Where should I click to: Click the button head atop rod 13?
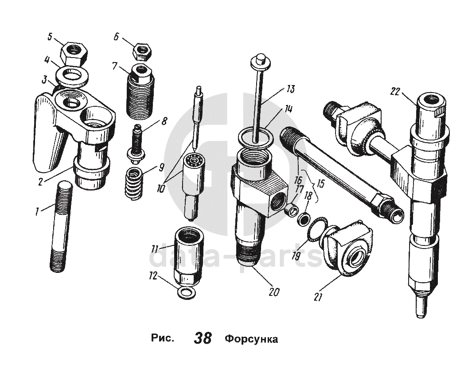pyautogui.click(x=260, y=60)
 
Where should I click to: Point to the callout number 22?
pyautogui.click(x=396, y=92)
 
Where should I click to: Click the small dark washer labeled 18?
pyautogui.click(x=304, y=218)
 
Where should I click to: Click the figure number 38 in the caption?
pyautogui.click(x=203, y=339)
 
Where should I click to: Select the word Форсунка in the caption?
pyautogui.click(x=251, y=340)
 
